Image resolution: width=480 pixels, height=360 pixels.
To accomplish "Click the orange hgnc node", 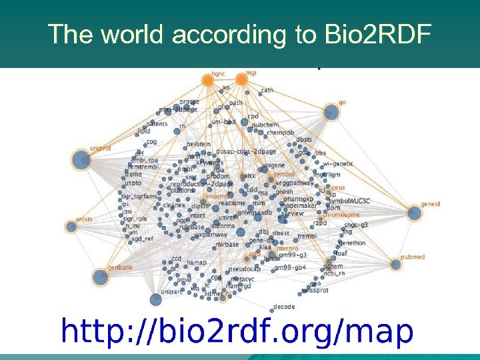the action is coord(208,81).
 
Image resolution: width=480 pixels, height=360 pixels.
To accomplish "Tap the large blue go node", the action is coord(331,112).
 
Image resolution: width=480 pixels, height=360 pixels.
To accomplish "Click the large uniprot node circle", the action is coord(81,159).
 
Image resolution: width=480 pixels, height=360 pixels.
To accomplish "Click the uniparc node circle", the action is coord(156,299).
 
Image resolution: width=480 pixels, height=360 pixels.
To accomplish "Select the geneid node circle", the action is coord(412,213).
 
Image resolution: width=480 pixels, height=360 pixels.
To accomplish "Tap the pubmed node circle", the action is coord(396,265).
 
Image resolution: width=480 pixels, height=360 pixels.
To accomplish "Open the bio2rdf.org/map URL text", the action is coord(237,331).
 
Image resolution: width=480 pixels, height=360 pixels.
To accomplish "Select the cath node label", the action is coord(267,91).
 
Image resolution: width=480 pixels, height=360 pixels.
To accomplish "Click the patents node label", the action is coord(157,123).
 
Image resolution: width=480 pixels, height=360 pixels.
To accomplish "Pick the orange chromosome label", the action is coord(342,215).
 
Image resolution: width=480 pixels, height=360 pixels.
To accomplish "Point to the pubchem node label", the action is coord(265,125).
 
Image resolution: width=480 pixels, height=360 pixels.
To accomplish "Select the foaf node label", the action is coord(341,253).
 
